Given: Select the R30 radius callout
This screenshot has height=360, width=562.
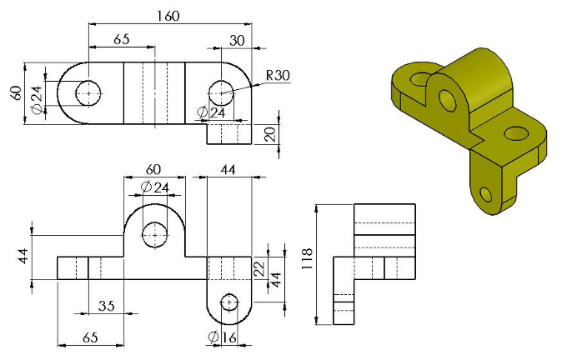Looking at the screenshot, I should (x=278, y=75).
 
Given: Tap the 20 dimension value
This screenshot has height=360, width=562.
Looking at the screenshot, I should (x=269, y=134).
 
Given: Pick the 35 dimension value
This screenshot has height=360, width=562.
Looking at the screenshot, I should (x=106, y=306).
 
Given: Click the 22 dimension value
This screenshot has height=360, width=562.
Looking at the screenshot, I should (x=258, y=267).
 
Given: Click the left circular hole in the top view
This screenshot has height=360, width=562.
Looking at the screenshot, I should (x=88, y=92).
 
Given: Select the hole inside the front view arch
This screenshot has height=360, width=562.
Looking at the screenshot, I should (x=154, y=235).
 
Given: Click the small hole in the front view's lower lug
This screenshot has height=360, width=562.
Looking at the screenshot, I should (x=228, y=302).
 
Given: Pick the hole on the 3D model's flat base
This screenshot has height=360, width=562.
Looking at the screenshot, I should (x=516, y=132).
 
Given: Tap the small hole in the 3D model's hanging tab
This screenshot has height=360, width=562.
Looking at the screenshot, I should (x=486, y=196).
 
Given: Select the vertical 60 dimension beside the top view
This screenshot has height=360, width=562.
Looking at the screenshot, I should (x=16, y=91).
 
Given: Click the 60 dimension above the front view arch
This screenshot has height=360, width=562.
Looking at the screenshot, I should (x=154, y=170).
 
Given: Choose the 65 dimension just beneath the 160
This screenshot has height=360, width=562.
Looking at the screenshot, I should (x=121, y=38).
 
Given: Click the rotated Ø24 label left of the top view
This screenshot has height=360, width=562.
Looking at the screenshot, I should (x=36, y=97).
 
